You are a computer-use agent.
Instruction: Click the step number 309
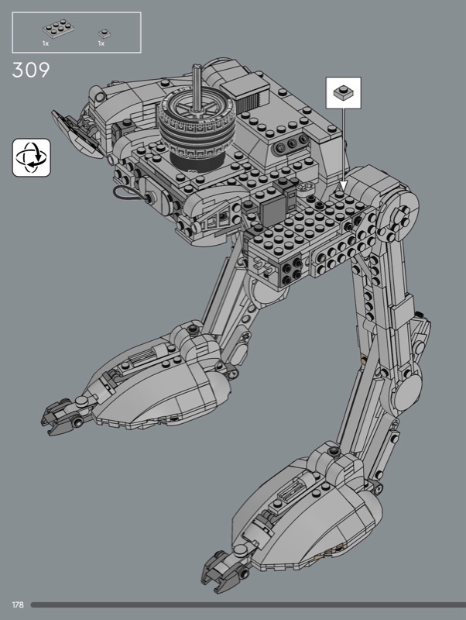(x=31, y=70)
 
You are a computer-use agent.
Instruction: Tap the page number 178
(x=18, y=604)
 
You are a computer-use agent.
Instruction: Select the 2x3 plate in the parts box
(x=59, y=29)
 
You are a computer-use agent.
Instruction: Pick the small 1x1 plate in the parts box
(x=105, y=33)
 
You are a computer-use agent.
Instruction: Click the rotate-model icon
(x=32, y=157)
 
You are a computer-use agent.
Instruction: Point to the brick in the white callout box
(x=343, y=92)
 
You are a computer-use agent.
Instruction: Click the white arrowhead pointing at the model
(x=343, y=184)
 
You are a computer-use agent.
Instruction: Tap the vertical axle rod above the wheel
(x=197, y=86)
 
